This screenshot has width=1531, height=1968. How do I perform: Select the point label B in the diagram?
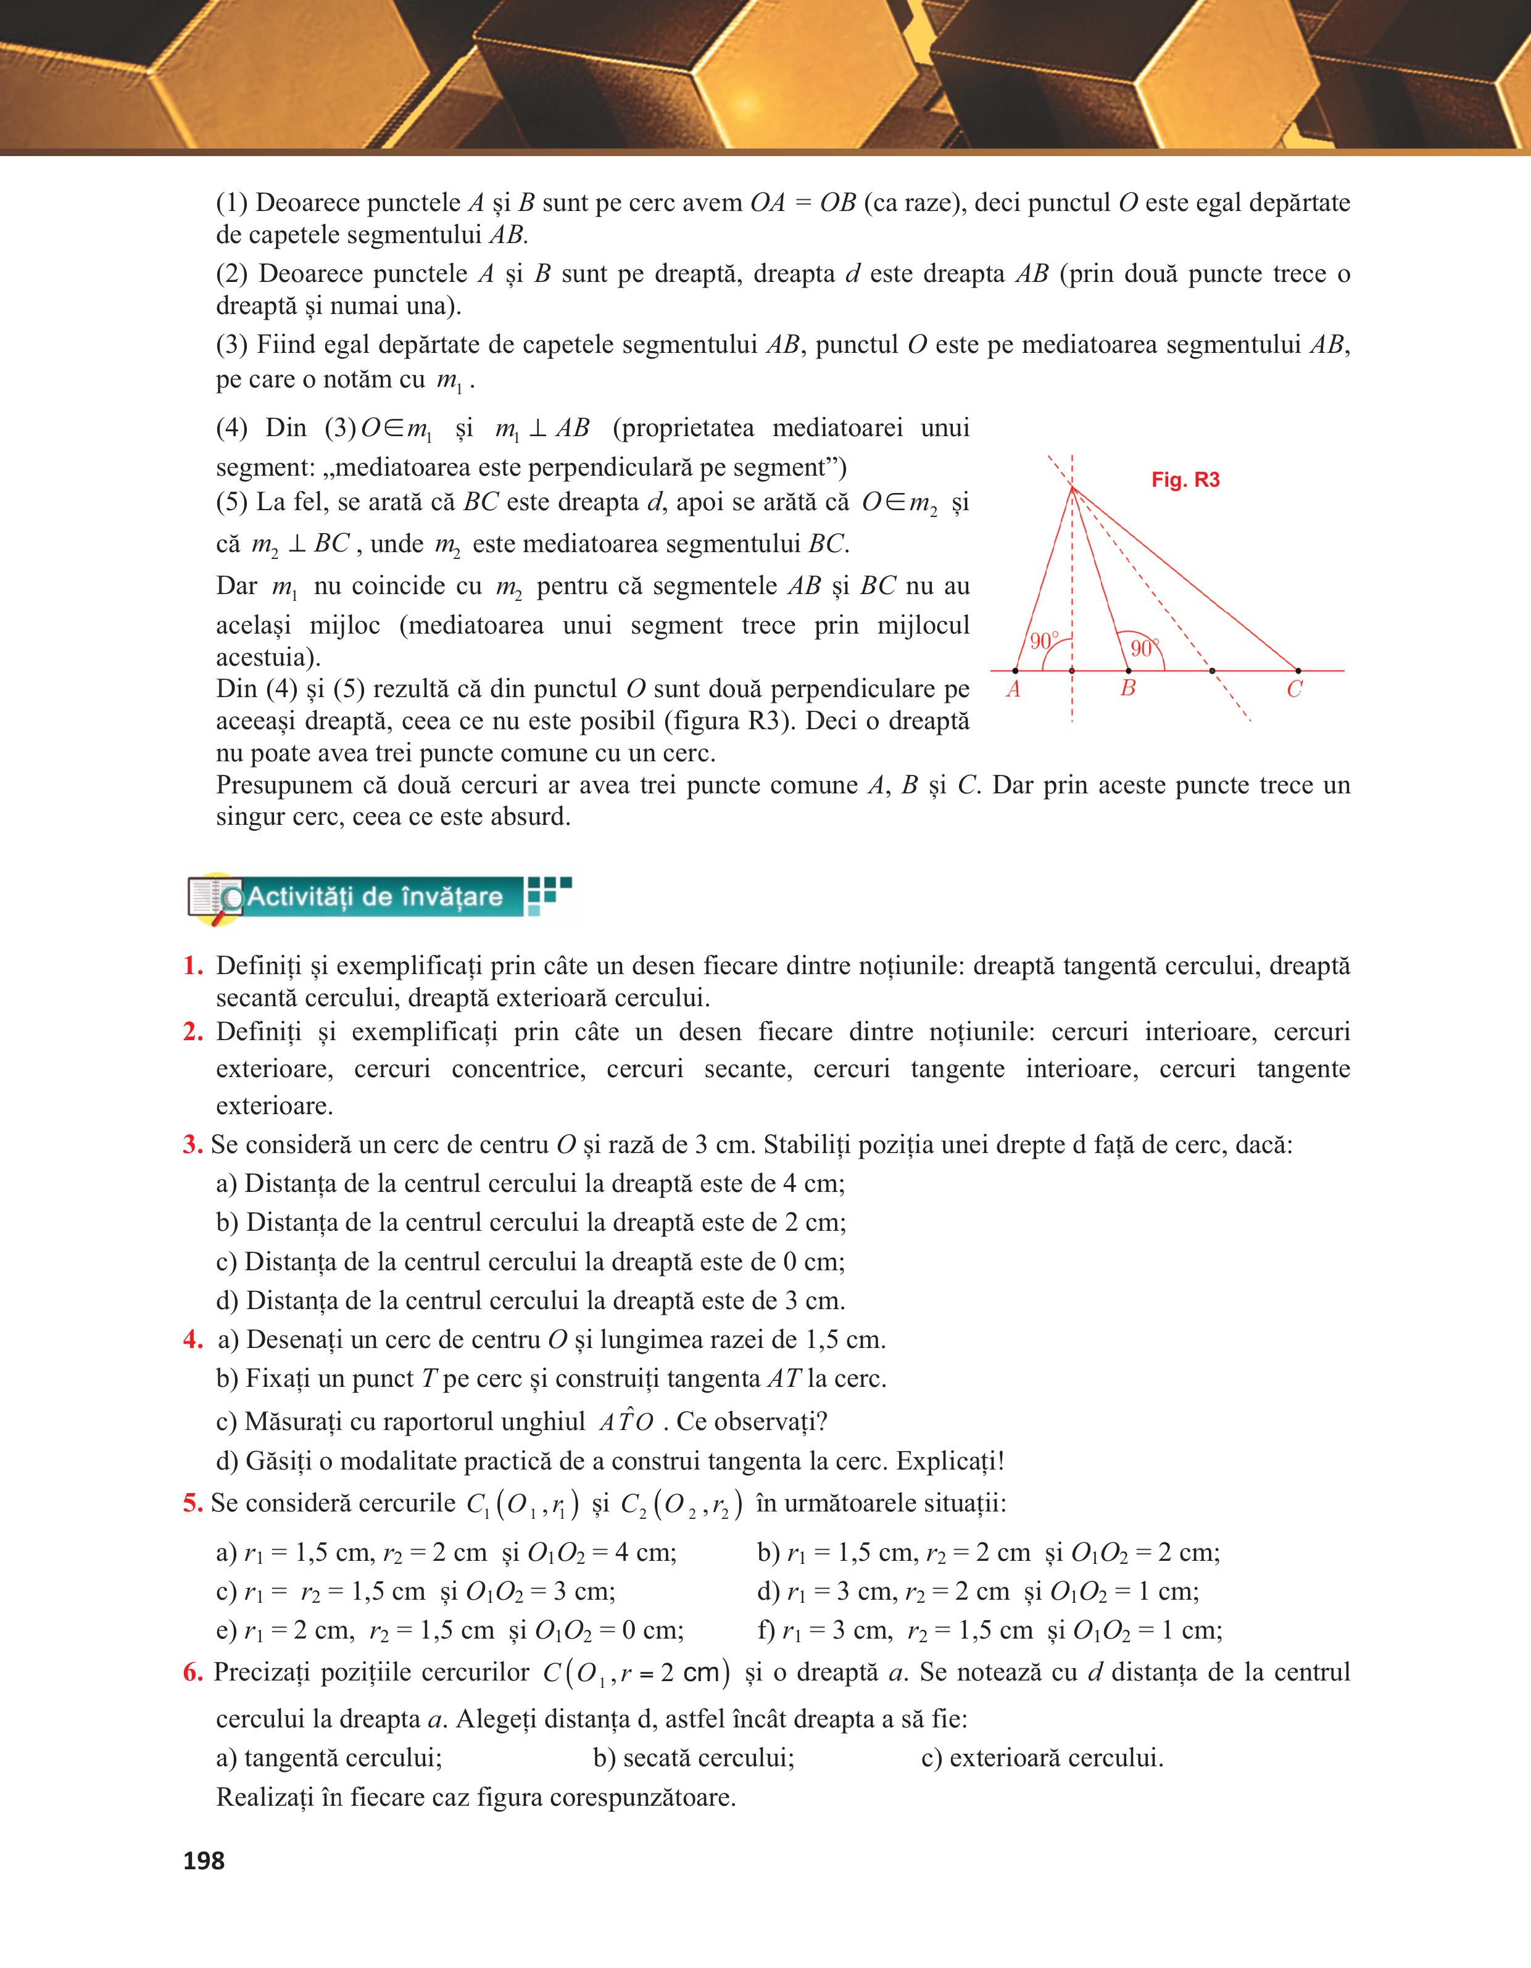(x=1127, y=689)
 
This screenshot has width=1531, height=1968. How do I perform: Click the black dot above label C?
(x=1298, y=671)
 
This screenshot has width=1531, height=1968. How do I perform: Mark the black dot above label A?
(x=1016, y=671)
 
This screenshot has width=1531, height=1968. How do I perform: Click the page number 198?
(x=204, y=1861)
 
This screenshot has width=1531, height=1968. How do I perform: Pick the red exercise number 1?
(x=192, y=966)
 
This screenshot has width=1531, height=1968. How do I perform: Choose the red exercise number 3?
(x=192, y=1145)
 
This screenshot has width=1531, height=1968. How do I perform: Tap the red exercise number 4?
(x=192, y=1340)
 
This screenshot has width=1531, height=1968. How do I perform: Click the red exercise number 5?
(x=192, y=1503)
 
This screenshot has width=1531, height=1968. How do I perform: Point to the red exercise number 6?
(x=192, y=1672)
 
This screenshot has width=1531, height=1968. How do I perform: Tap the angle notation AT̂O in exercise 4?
(x=626, y=1422)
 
